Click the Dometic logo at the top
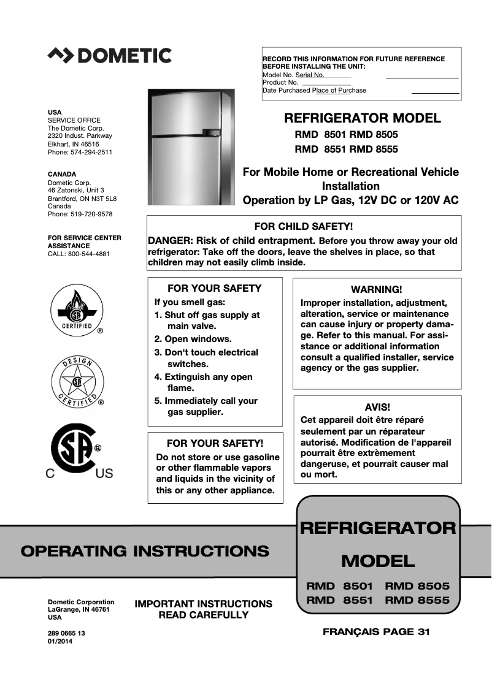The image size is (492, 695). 109,56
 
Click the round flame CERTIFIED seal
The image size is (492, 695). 77,312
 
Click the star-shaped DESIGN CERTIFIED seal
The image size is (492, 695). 77,383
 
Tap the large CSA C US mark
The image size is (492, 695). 77,454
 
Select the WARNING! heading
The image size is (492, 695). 376,289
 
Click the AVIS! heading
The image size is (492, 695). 377,407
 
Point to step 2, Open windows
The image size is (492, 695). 193,339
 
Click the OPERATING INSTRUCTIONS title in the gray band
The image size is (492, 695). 145,551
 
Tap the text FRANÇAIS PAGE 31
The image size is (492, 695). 376,632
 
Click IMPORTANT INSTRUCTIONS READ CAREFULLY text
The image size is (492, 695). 203,609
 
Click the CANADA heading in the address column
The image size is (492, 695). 62,175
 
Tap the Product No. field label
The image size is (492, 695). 280,82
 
